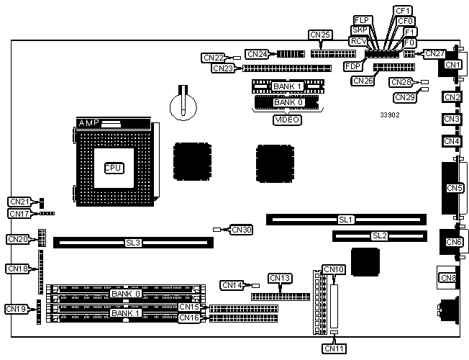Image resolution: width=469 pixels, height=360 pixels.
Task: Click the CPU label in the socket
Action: [x=113, y=168]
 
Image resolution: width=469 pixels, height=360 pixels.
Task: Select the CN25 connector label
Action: [x=319, y=35]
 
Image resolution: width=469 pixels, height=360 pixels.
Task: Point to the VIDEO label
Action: [x=286, y=120]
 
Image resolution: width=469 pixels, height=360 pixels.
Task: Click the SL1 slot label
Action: [x=346, y=219]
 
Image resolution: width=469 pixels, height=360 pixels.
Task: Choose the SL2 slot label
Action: [x=379, y=235]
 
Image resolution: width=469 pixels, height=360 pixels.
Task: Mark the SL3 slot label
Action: [x=133, y=243]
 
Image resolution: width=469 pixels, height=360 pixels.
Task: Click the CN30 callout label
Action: [x=241, y=230]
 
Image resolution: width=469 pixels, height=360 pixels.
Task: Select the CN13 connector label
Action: [x=279, y=278]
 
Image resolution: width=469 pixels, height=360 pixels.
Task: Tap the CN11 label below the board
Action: [x=334, y=348]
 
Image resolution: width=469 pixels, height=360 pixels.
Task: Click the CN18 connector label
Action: [x=17, y=269]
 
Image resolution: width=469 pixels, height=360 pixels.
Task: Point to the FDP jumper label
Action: [x=353, y=66]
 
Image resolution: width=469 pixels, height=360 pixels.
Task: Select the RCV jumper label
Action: [x=358, y=41]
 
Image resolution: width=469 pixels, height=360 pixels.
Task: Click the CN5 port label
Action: [x=454, y=189]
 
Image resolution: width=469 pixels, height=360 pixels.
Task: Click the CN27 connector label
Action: [x=435, y=53]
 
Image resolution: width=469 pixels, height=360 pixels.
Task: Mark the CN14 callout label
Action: [x=232, y=285]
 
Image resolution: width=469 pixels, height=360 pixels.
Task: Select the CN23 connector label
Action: [x=223, y=68]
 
